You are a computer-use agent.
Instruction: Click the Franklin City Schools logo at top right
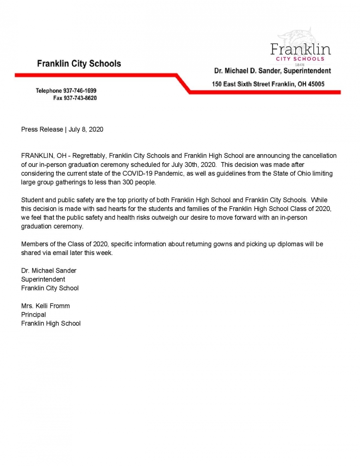[x=301, y=50]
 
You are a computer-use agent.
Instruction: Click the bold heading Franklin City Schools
[x=79, y=64]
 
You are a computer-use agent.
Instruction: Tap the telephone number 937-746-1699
[x=80, y=91]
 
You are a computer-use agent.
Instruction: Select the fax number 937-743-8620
[x=80, y=98]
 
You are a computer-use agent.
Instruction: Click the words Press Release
[x=42, y=129]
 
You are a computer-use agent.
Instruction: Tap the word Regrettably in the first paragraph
[x=92, y=156]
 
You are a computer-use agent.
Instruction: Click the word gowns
[x=220, y=244]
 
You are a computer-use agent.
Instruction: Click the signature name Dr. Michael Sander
[x=49, y=270]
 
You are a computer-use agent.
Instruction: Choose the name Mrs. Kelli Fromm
[x=46, y=306]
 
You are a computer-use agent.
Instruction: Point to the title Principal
[x=34, y=315]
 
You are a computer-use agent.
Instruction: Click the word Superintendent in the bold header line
[x=307, y=71]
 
